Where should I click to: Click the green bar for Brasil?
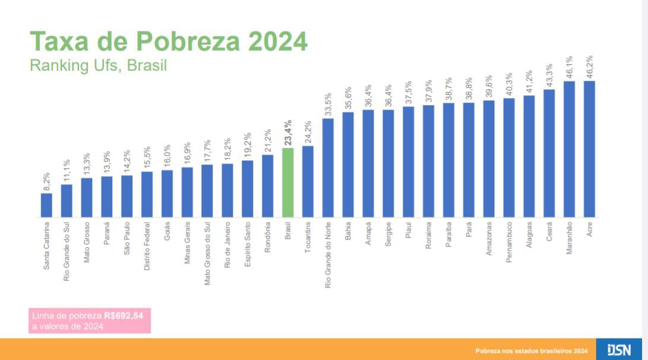(x=287, y=182)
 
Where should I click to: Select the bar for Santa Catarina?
(x=46, y=205)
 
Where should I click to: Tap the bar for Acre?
(x=589, y=149)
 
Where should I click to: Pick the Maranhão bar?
(x=569, y=149)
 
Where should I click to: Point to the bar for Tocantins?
(x=308, y=181)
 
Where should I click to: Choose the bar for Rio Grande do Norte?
(x=328, y=168)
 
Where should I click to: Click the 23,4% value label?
(x=287, y=132)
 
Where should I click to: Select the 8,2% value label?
(x=46, y=180)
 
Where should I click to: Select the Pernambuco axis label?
(x=508, y=242)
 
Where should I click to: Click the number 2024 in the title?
(x=277, y=42)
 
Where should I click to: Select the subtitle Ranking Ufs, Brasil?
(x=98, y=65)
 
